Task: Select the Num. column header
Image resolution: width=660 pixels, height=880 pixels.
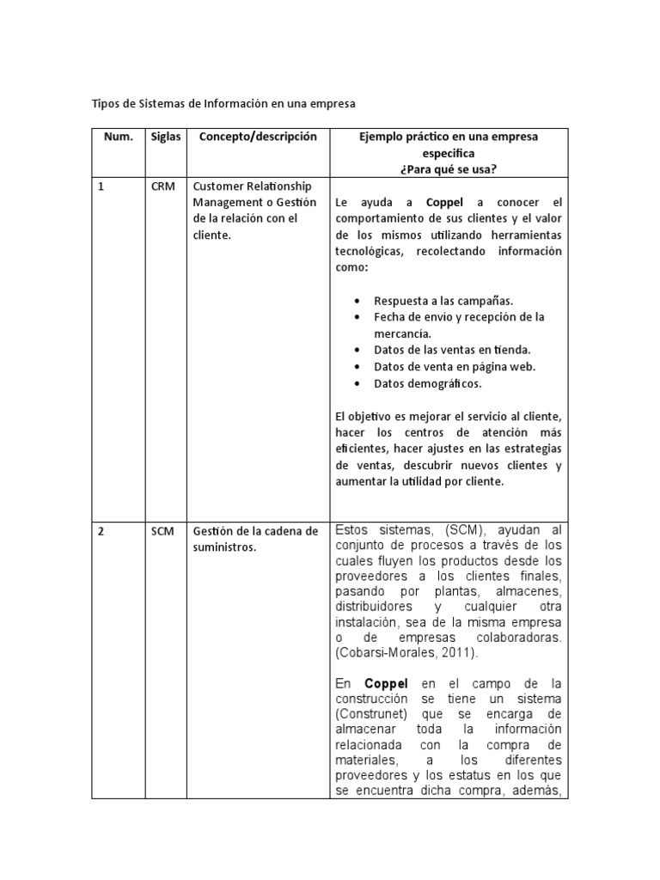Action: (x=119, y=137)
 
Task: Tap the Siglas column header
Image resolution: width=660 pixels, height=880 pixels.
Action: (x=165, y=137)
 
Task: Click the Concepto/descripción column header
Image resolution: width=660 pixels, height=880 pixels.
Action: (x=258, y=137)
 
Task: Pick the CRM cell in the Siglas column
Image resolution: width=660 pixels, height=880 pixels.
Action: (x=162, y=186)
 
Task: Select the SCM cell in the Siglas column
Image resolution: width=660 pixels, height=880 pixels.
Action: (x=162, y=531)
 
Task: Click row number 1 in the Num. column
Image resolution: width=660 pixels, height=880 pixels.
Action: (x=101, y=186)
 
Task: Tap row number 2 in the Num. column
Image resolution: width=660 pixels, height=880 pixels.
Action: (x=101, y=531)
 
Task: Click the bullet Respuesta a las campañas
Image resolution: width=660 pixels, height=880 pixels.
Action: (x=443, y=301)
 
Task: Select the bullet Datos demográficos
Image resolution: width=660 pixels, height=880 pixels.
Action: (x=428, y=383)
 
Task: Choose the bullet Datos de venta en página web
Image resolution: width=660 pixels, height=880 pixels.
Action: (x=455, y=366)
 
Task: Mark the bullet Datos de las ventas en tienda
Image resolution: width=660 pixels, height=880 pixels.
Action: (x=452, y=350)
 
